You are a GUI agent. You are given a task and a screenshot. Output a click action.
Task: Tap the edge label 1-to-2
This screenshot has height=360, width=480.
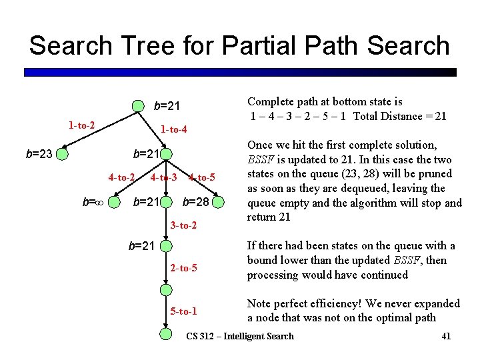81,125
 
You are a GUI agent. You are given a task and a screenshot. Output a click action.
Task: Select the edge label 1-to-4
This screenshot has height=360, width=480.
173,129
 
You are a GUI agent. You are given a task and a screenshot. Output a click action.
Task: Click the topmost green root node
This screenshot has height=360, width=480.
137,105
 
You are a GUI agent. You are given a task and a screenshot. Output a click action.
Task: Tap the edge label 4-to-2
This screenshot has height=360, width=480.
122,177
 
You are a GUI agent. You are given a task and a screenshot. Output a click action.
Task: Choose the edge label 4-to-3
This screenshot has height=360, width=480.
163,177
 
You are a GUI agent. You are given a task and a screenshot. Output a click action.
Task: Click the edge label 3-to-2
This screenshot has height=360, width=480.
183,226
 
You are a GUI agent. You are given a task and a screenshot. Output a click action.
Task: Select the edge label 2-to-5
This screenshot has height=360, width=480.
183,268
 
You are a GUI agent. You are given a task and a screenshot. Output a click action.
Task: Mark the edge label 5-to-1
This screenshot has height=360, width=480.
183,311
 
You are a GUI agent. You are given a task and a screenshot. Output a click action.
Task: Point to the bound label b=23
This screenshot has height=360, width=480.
39,155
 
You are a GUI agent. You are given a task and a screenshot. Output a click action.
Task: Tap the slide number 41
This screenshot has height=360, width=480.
446,336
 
